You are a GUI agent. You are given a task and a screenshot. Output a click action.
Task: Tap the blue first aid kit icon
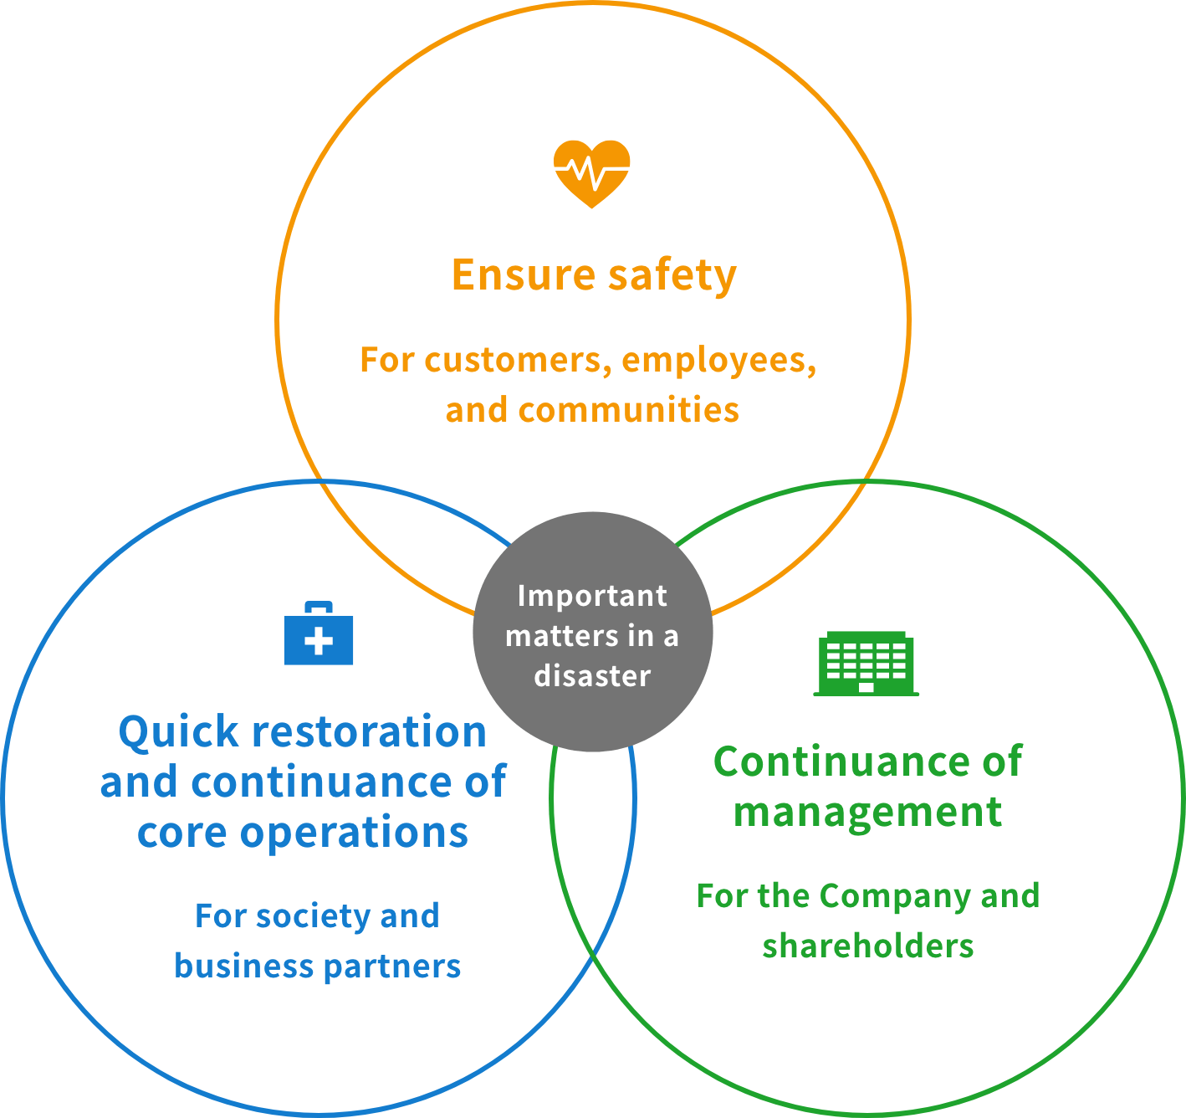[x=319, y=636]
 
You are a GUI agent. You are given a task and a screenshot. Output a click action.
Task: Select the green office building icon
[x=866, y=664]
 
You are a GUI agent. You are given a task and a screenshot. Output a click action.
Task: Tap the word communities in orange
[x=628, y=410]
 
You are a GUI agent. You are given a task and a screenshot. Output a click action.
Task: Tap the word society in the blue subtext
[x=313, y=916]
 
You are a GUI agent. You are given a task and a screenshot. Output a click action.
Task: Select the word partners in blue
[x=391, y=967]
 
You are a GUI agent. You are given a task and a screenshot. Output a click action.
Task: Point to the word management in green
[x=867, y=813]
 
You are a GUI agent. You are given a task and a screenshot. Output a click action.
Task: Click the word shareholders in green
[x=867, y=946]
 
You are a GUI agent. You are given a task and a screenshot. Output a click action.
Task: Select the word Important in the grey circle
[x=592, y=596]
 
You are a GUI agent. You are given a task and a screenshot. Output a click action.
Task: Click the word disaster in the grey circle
[x=592, y=676]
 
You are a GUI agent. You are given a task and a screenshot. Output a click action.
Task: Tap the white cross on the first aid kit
[x=319, y=643]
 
